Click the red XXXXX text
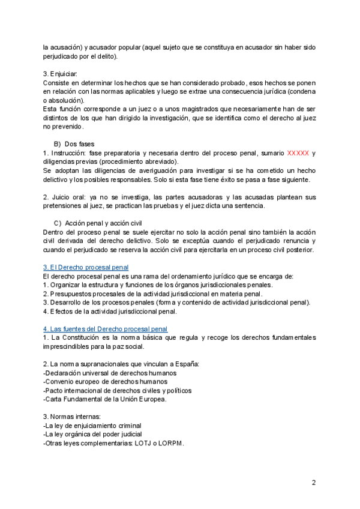tap(298, 153)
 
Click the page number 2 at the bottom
tap(313, 482)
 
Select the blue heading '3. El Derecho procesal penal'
tap(86, 267)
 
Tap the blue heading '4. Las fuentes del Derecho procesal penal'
tap(105, 329)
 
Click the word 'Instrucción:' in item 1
tap(68, 153)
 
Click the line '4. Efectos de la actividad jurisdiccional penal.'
tap(110, 311)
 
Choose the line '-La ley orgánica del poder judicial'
tap(93, 434)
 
